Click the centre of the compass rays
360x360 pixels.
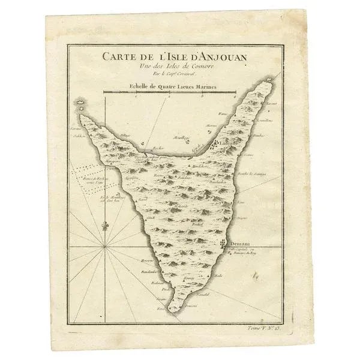(x=106, y=246)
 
